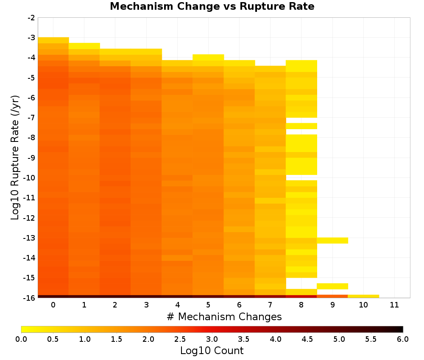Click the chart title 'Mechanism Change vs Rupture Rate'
tap(212, 6)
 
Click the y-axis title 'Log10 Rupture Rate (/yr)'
tap(15, 158)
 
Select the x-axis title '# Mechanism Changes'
tap(224, 316)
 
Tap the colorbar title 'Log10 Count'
tap(212, 351)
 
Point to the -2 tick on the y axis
tap(31, 18)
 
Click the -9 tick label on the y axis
tap(31, 158)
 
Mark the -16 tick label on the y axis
tap(30, 298)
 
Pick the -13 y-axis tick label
tap(30, 238)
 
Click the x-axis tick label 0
tap(53, 305)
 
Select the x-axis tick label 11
tap(394, 305)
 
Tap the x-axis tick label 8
tap(301, 305)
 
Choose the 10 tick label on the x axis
tap(363, 305)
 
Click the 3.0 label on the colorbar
tap(212, 339)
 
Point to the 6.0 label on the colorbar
tap(403, 339)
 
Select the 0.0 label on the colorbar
tap(21, 339)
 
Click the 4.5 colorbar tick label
tap(307, 339)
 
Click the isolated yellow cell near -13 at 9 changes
tap(332, 241)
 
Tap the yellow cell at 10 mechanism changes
tap(363, 296)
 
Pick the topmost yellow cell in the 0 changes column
tap(53, 40)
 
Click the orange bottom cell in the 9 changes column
tap(332, 296)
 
